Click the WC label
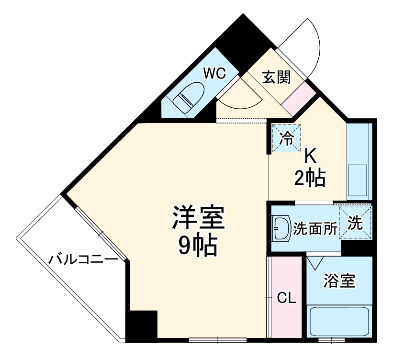tap(214, 73)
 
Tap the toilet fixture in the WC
tap(188, 97)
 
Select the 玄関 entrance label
tap(276, 77)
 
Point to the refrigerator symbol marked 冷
tap(287, 138)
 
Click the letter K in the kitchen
tap(310, 156)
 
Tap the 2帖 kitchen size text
tap(310, 178)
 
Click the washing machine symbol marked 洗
tap(355, 222)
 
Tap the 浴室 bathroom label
tap(339, 281)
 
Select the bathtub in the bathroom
tap(339, 321)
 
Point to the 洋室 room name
tap(198, 218)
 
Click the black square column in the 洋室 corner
tap(142, 325)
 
